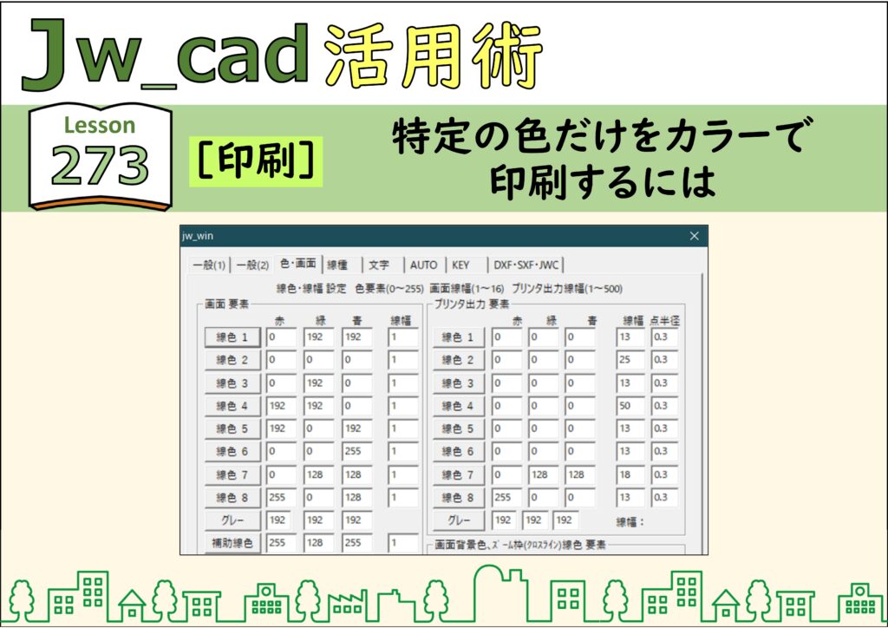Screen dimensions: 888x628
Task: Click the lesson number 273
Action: tap(100, 166)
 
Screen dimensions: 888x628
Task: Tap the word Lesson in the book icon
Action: tap(100, 125)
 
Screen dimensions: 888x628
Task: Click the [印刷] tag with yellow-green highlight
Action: tap(256, 161)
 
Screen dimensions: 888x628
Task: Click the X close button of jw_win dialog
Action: tap(695, 236)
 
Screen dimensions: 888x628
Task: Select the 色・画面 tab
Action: tap(298, 264)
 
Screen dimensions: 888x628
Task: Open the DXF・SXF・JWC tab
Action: tap(526, 265)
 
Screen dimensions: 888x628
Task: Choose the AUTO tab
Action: tap(423, 265)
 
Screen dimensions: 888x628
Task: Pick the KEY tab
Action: tap(460, 265)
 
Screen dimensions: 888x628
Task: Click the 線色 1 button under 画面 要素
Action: tap(232, 337)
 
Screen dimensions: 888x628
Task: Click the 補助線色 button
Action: tap(232, 543)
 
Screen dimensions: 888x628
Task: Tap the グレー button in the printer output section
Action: tap(460, 520)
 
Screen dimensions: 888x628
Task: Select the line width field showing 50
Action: tap(630, 406)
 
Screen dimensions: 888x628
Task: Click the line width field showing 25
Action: tap(630, 360)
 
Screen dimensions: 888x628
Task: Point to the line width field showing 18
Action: tap(630, 474)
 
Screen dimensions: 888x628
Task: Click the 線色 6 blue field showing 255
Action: tap(356, 451)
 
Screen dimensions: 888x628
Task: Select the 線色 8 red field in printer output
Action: tap(506, 497)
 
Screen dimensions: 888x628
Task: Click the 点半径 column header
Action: tap(664, 321)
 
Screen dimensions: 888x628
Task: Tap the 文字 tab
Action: tap(379, 265)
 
